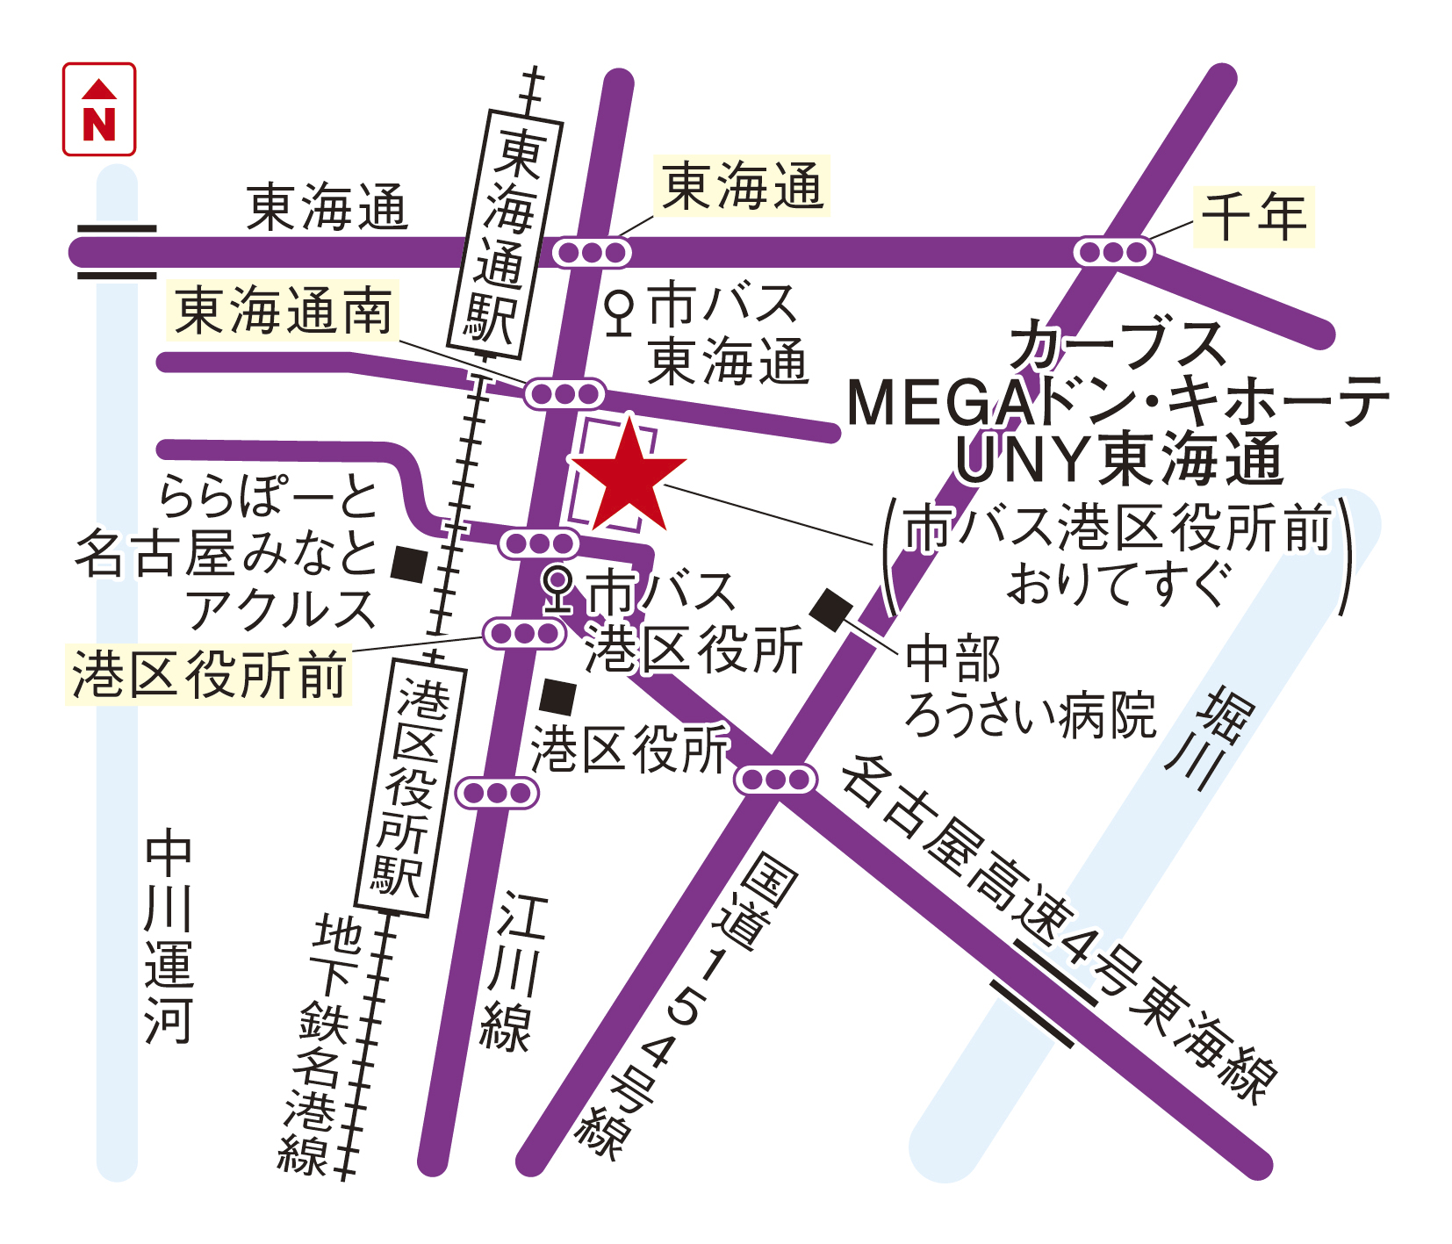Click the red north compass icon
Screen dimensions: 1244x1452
coord(99,109)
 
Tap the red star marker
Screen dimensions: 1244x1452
coord(629,478)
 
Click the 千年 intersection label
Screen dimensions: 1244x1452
coord(1254,216)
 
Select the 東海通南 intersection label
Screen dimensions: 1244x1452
coord(284,311)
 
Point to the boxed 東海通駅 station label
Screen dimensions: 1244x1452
coord(504,234)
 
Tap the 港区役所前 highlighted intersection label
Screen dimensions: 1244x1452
coord(209,675)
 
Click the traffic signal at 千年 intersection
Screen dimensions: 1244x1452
coord(1113,252)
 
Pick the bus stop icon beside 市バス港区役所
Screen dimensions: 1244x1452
coord(557,589)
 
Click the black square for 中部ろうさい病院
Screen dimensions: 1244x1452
coord(830,608)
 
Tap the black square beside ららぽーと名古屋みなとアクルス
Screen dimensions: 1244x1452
coord(409,564)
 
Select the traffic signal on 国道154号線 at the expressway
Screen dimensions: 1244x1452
coord(775,779)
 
